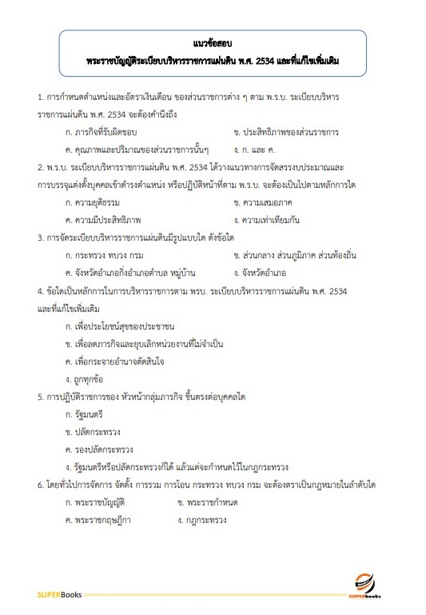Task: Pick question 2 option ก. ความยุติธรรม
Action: [98, 202]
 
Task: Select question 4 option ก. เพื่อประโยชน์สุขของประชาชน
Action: [120, 326]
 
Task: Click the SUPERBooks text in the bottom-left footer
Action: [55, 595]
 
